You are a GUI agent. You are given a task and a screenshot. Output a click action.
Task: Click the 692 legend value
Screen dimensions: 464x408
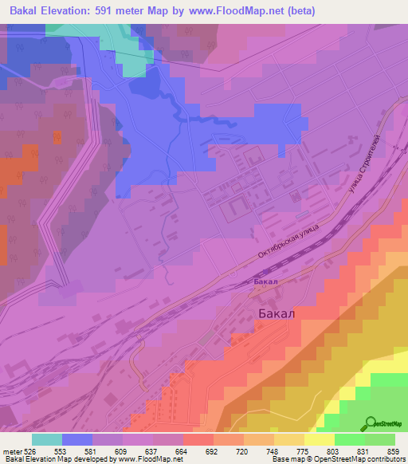click(x=212, y=450)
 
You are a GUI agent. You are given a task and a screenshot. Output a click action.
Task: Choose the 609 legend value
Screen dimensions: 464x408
click(x=121, y=450)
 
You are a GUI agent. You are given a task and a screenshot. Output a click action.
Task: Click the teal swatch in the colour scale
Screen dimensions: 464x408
click(x=47, y=439)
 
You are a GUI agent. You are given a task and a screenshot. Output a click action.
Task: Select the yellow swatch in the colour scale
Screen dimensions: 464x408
click(x=320, y=439)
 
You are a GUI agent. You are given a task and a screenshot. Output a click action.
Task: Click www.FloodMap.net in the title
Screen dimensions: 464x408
click(x=239, y=11)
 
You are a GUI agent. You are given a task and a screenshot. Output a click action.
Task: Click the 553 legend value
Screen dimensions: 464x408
click(x=61, y=450)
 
